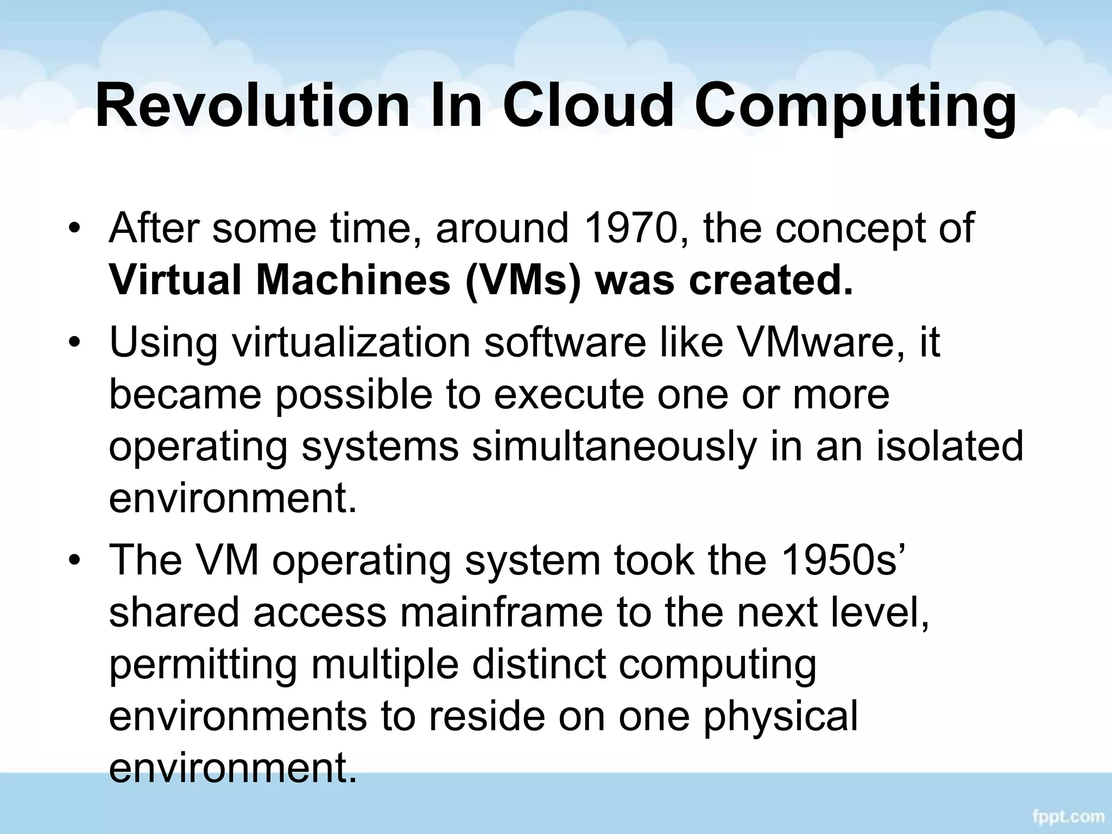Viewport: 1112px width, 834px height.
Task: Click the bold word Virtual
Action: (x=176, y=280)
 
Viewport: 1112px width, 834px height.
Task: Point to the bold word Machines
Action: (x=353, y=280)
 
